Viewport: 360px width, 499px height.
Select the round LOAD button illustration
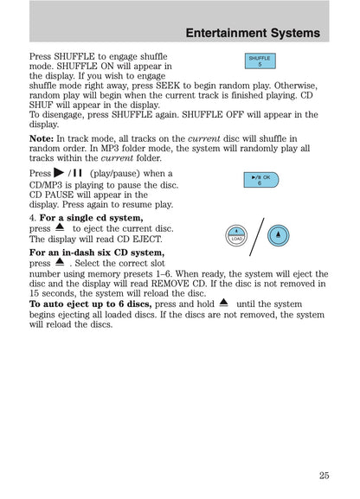236,234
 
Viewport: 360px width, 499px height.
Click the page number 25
323,474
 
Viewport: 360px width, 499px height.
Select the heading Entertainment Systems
253,34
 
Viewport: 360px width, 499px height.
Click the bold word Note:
41,138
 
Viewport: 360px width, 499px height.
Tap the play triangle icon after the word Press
58,174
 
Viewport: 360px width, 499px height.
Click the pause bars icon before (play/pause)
80,174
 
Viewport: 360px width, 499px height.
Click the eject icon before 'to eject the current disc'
61,228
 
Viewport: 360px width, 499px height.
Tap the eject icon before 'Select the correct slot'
60,260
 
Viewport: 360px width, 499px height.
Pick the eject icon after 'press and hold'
223,303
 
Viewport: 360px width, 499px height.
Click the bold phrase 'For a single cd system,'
88,218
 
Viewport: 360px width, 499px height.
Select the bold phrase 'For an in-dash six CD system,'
95,252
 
